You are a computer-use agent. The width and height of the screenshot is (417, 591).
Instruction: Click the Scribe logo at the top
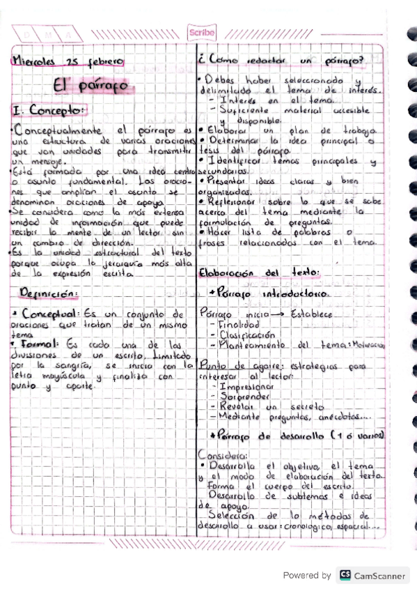201,32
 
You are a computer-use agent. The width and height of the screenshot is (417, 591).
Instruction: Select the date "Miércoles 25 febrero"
68,61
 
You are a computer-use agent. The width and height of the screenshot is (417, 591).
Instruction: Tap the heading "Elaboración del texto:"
258,272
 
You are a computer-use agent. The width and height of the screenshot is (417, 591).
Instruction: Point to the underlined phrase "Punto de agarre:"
231,364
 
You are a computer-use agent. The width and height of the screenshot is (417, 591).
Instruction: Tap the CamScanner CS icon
345,576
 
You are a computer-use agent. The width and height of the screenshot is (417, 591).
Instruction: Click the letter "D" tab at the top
26,35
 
